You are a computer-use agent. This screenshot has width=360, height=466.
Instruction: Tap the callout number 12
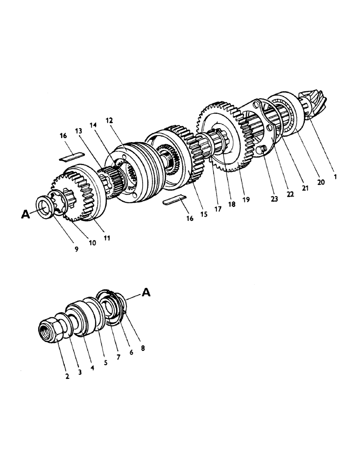110,121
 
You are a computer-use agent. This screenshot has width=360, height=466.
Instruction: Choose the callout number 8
143,347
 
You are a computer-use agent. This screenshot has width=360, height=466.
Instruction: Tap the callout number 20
321,183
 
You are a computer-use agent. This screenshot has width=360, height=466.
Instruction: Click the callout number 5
106,362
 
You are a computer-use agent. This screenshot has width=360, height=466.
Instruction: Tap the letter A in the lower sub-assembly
146,293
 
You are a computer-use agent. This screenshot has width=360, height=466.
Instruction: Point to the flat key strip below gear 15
174,200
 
